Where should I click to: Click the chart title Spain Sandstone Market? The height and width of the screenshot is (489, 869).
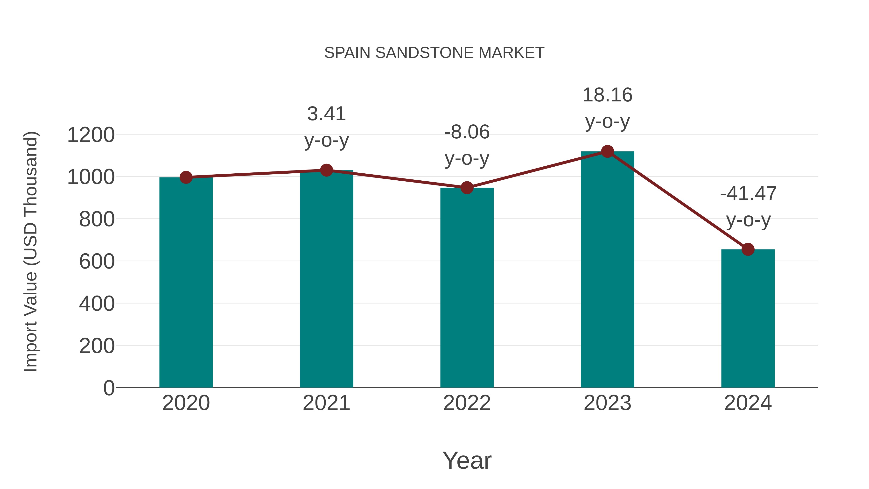(434, 53)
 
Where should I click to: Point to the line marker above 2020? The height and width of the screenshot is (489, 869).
(186, 177)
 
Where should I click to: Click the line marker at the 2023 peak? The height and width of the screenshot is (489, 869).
(607, 151)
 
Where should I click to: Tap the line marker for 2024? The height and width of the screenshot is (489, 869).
(748, 249)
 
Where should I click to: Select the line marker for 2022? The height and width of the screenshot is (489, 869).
(467, 188)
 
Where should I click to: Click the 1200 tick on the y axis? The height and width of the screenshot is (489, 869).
(91, 135)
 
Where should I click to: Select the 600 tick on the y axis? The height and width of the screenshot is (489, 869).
(97, 262)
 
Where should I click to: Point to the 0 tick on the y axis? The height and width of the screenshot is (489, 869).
(109, 388)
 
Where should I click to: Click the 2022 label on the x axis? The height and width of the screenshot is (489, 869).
(467, 403)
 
